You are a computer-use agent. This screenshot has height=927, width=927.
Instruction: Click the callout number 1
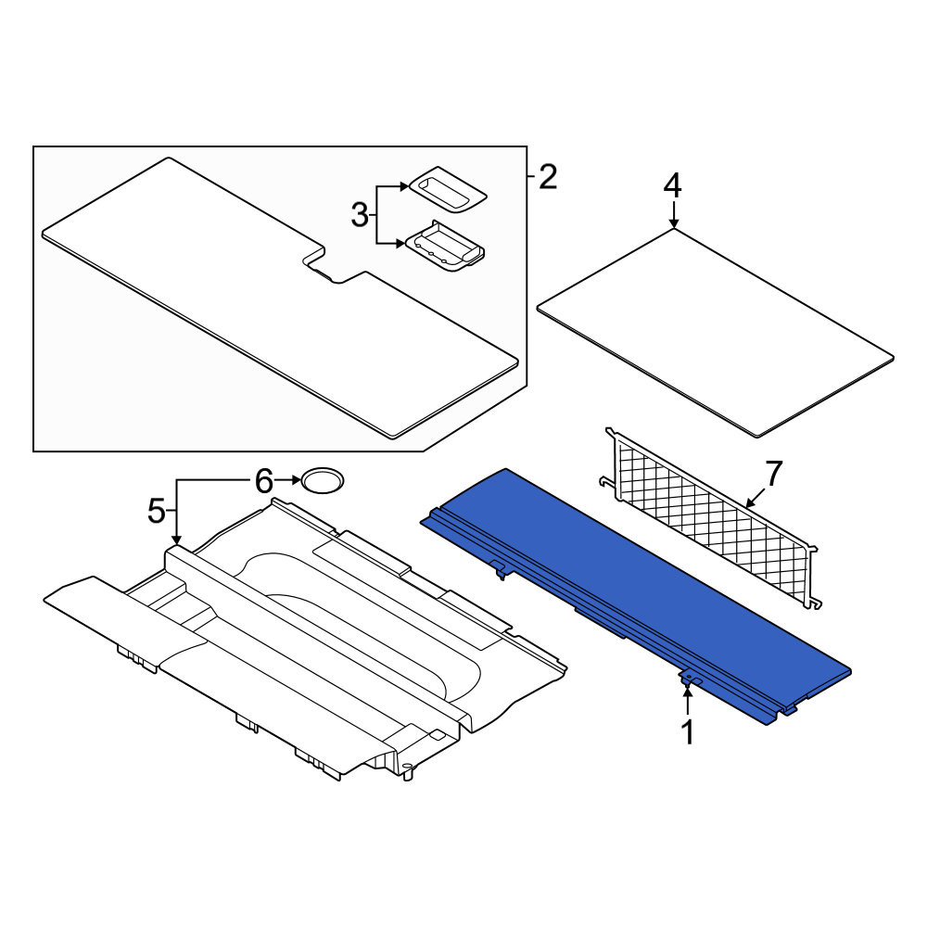tap(687, 732)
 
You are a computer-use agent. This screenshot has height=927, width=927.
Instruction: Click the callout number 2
tap(548, 177)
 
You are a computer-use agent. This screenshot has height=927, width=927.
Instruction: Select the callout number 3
tap(360, 215)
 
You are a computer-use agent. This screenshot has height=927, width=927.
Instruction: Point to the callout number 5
tap(157, 510)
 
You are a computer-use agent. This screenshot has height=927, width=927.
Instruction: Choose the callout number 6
tap(263, 481)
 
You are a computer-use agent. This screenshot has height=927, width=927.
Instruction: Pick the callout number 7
tap(774, 473)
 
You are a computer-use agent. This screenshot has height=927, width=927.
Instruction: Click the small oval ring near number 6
tap(323, 480)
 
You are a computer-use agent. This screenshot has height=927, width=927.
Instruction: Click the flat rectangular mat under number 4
tap(716, 333)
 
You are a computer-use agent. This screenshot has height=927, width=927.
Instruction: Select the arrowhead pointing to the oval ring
tap(297, 480)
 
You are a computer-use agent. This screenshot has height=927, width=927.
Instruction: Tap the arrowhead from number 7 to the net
tap(751, 503)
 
